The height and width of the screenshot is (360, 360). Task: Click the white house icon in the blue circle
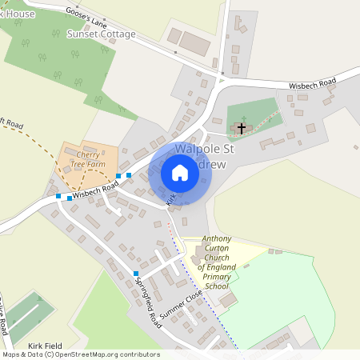pyautogui.click(x=180, y=173)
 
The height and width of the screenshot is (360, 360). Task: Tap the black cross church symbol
pyautogui.click(x=241, y=128)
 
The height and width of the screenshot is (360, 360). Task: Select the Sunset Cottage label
pyautogui.click(x=101, y=35)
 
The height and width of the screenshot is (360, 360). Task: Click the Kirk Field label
pyautogui.click(x=45, y=345)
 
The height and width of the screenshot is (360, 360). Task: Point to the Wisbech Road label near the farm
pyautogui.click(x=95, y=189)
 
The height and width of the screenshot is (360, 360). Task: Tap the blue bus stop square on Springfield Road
pyautogui.click(x=136, y=274)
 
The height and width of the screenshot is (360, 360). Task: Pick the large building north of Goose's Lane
pyautogui.click(x=194, y=43)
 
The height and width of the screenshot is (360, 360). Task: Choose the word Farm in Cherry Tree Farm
pyautogui.click(x=97, y=164)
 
